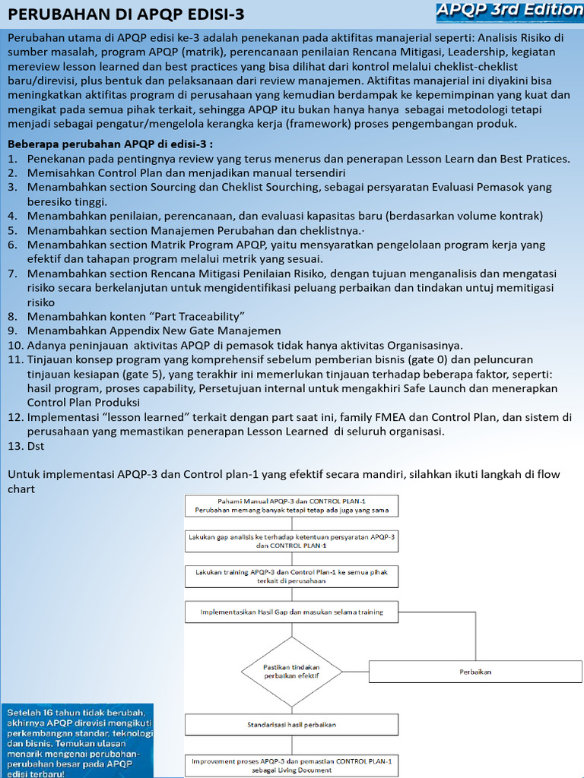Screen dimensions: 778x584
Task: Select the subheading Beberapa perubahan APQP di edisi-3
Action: pos(110,144)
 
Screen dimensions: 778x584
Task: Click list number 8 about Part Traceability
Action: pos(135,316)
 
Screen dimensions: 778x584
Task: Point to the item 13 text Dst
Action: pos(37,446)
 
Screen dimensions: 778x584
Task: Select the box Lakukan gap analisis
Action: pos(291,540)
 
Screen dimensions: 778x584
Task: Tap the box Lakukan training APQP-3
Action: pos(291,576)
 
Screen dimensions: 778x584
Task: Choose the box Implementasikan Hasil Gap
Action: pos(291,612)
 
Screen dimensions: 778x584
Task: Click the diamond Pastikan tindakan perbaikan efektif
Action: pos(291,671)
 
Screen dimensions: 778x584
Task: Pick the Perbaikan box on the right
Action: pos(475,672)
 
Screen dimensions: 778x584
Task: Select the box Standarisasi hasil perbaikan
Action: pos(291,724)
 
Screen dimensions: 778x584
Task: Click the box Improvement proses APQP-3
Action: pos(291,765)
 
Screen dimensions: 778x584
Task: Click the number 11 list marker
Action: pos(15,359)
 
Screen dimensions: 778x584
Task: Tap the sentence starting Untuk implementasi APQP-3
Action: pos(283,474)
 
